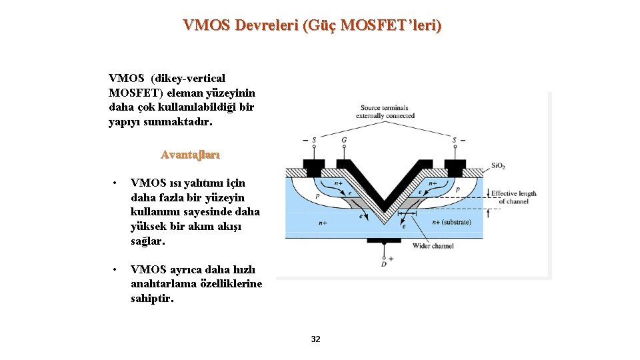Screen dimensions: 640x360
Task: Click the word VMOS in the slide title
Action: (x=207, y=25)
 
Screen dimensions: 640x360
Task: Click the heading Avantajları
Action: (x=190, y=154)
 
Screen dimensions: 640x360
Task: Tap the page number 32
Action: (x=316, y=339)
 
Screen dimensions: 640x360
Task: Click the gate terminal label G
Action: (x=344, y=140)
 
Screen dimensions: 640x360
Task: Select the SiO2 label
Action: (x=499, y=165)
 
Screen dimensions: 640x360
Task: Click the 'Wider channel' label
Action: (x=433, y=246)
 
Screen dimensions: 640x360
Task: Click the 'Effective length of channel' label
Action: (x=513, y=197)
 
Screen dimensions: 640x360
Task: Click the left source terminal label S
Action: (x=314, y=140)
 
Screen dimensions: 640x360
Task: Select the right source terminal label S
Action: (x=454, y=140)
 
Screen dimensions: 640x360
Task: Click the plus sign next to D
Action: (x=391, y=259)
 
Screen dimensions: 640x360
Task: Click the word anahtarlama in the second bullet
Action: (x=159, y=284)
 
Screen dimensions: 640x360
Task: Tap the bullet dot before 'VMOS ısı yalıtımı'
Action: (x=115, y=183)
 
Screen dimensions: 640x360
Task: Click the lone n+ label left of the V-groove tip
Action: (x=323, y=223)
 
